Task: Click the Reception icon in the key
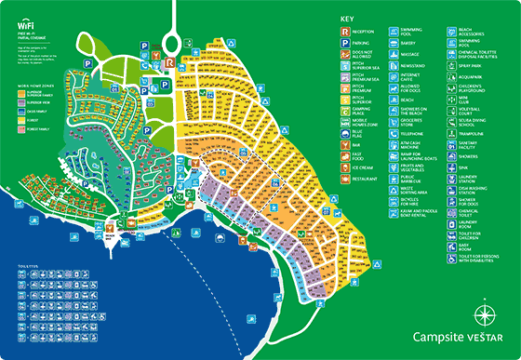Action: (x=346, y=31)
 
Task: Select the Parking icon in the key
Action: (x=346, y=43)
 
